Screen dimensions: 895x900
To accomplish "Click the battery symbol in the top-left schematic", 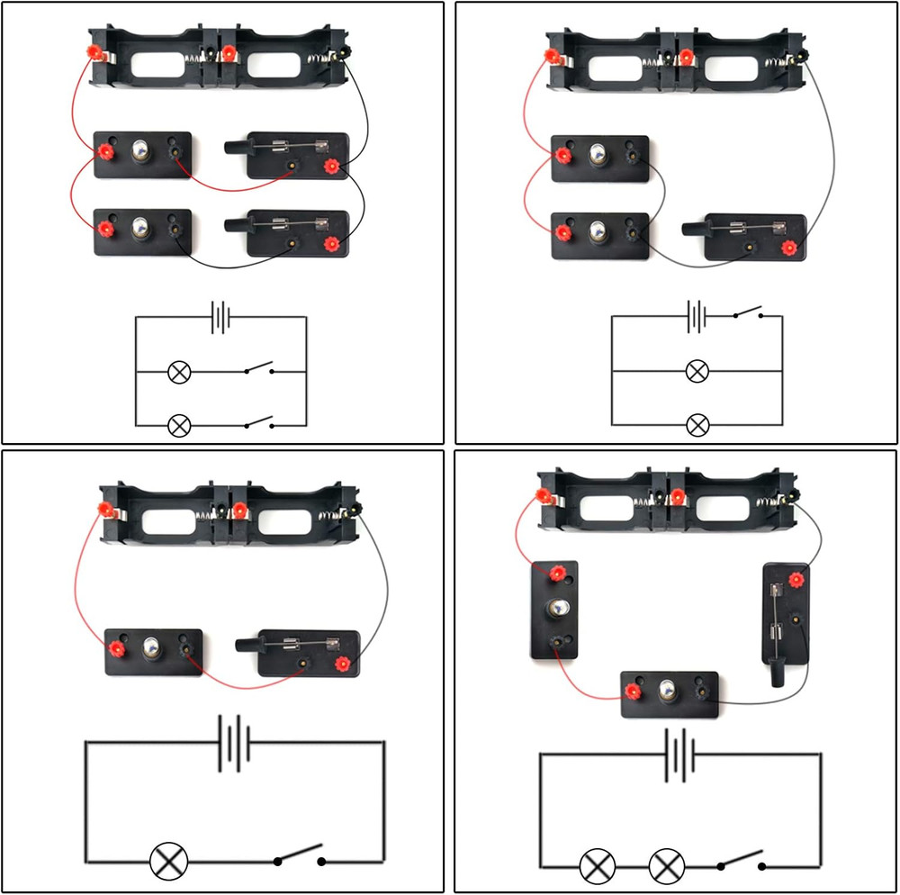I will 220,317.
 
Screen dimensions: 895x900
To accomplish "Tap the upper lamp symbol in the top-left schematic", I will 179,371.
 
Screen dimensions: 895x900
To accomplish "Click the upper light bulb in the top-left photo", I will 141,151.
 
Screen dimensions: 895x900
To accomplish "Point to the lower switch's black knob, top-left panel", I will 237,222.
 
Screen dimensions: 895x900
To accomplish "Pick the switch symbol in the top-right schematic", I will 746,315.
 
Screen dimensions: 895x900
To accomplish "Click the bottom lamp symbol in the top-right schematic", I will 697,425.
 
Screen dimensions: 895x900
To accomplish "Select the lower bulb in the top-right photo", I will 598,231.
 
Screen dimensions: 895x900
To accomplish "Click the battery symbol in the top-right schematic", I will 696,317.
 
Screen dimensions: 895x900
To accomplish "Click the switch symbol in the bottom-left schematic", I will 300,856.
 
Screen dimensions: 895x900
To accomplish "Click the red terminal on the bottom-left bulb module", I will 116,647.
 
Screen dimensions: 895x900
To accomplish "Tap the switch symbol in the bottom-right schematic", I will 741,862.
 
